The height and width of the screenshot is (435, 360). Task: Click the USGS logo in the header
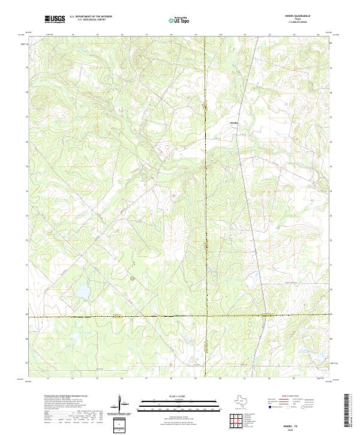(55, 20)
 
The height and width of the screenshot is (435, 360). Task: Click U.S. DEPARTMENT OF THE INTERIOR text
(91, 17)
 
